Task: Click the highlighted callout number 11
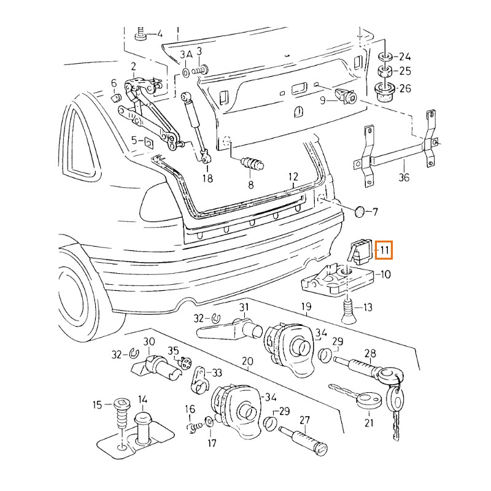click(x=385, y=250)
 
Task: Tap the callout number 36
click(x=403, y=177)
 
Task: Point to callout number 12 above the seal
click(x=293, y=177)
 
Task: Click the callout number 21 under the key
click(x=368, y=422)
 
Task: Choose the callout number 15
click(x=97, y=404)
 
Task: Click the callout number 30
click(x=149, y=341)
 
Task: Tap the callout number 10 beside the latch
click(x=385, y=274)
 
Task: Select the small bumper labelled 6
click(x=114, y=98)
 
